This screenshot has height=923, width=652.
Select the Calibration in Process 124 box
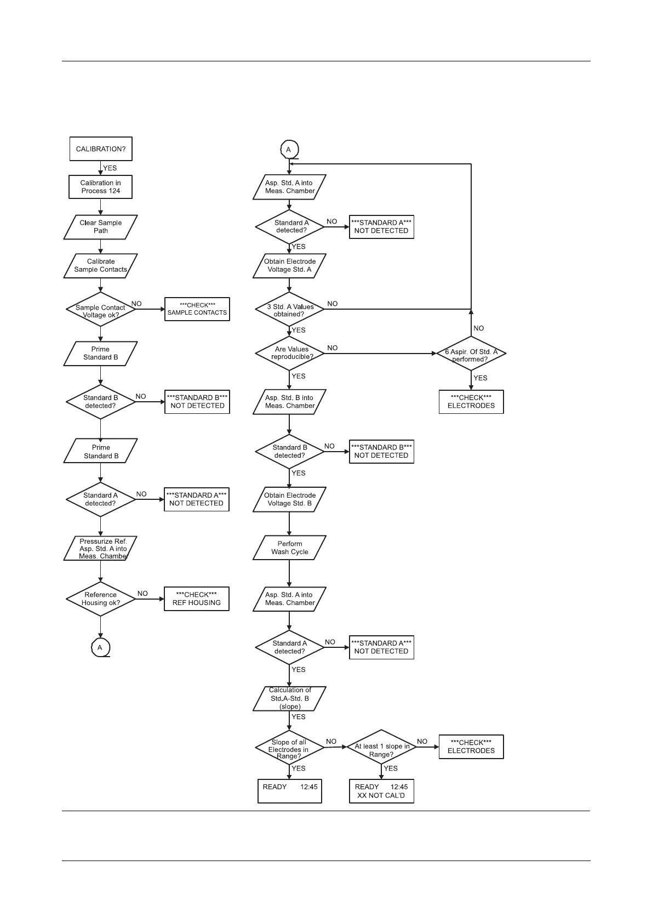pyautogui.click(x=100, y=187)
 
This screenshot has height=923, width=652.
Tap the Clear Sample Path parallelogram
pyautogui.click(x=100, y=227)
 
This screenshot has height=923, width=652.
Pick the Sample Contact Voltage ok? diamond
pyautogui.click(x=100, y=309)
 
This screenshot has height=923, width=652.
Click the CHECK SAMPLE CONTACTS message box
pyautogui.click(x=197, y=309)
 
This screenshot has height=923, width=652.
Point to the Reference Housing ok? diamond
pyautogui.click(x=100, y=599)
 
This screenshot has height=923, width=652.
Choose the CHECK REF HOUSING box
pyautogui.click(x=197, y=599)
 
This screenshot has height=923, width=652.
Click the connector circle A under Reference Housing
pyautogui.click(x=100, y=648)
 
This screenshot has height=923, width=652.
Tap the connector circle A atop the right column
pyautogui.click(x=289, y=150)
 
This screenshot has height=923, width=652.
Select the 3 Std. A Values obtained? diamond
pyautogui.click(x=290, y=310)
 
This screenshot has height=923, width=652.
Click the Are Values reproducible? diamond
pyautogui.click(x=290, y=353)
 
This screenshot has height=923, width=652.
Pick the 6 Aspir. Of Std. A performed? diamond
pyautogui.click(x=471, y=354)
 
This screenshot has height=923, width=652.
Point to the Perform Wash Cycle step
pyautogui.click(x=289, y=548)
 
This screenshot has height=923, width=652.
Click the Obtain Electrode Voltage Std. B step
pyautogui.click(x=289, y=499)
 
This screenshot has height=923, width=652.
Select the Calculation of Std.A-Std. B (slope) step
pyautogui.click(x=289, y=699)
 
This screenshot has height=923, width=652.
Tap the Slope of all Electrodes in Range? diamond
pyautogui.click(x=289, y=749)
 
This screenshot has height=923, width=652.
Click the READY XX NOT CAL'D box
pyautogui.click(x=381, y=791)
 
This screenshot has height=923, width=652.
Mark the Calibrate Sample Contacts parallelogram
pyautogui.click(x=100, y=266)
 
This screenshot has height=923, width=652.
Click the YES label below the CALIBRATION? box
pyautogui.click(x=110, y=168)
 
